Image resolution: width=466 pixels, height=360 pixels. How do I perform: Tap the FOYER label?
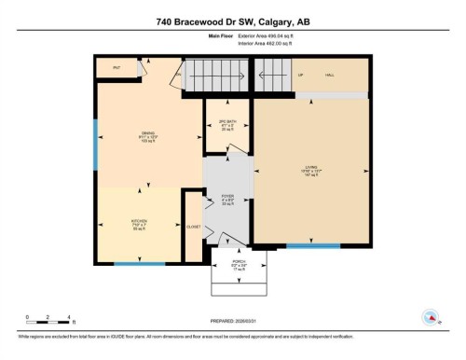(226, 198)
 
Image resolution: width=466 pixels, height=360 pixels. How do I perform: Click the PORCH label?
(239, 263)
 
